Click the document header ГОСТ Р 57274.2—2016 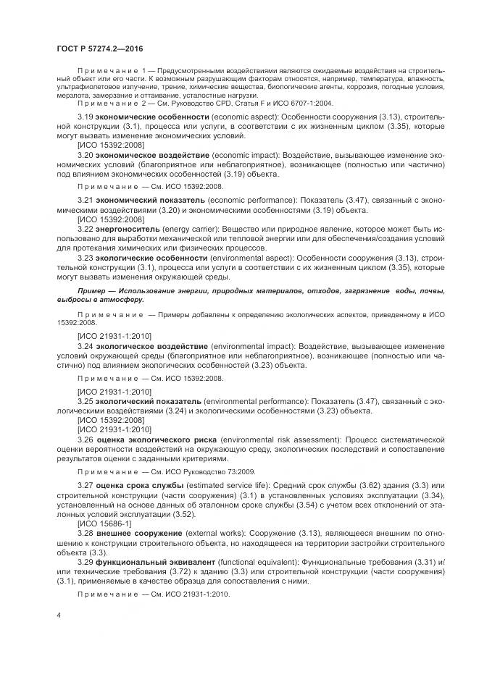[99, 48]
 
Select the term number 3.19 [86, 116]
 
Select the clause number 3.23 [86, 257]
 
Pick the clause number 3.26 [86, 440]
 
